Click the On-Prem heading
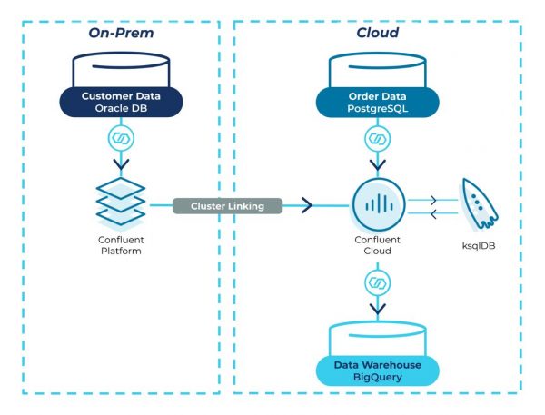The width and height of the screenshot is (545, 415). tap(118, 34)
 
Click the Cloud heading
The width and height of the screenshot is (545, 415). tap(376, 34)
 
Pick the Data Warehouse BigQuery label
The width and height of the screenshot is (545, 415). tap(376, 371)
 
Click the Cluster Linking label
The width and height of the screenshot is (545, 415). tap(227, 206)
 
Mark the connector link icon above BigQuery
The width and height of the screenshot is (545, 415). tap(376, 283)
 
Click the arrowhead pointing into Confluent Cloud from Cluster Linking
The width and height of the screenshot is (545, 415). tap(306, 206)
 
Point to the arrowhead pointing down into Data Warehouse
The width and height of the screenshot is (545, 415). tap(376, 308)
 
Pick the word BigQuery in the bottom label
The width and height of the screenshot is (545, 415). tap(376, 378)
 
